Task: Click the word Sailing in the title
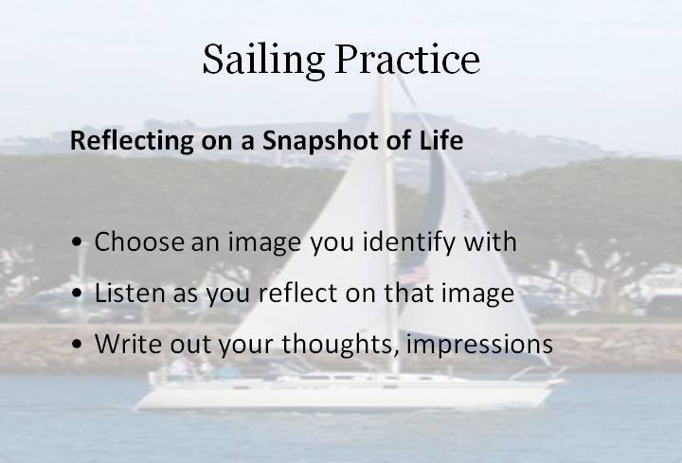tap(263, 61)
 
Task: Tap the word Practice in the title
tap(407, 59)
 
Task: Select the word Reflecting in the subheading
tap(132, 141)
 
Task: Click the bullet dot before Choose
tap(77, 241)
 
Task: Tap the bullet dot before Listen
tap(77, 293)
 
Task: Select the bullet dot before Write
tap(77, 344)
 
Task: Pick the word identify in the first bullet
tap(409, 242)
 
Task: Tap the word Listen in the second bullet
tap(130, 293)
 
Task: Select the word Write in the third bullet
tap(128, 343)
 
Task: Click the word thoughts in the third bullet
tap(340, 345)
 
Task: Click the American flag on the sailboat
tap(412, 276)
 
